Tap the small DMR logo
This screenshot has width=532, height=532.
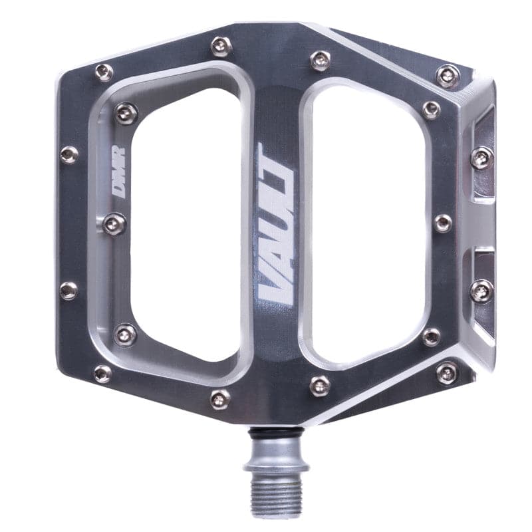118,179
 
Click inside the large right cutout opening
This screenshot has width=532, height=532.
369,223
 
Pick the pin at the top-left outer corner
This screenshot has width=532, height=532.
103,72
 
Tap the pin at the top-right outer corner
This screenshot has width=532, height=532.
448,75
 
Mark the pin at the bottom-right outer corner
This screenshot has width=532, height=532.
447,372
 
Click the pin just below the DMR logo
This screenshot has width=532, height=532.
114,223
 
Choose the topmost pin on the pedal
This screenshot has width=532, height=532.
221,46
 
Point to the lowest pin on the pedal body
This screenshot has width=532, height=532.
220,399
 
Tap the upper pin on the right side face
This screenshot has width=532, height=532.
481,158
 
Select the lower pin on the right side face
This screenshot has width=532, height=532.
481,291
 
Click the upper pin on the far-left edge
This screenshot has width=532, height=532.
69,155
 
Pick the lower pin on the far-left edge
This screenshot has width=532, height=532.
68,291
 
